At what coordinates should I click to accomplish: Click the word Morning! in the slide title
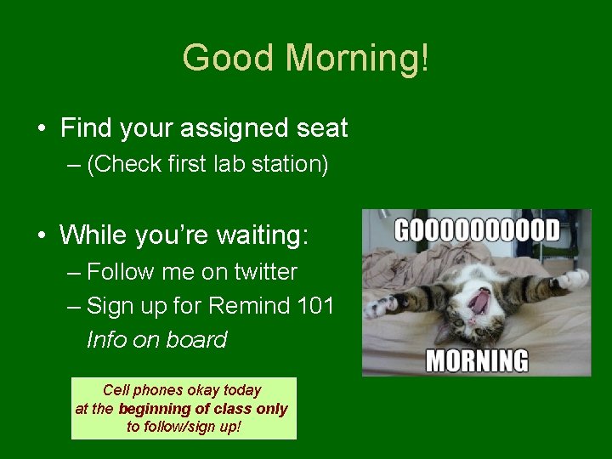click(357, 59)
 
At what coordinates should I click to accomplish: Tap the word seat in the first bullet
click(321, 128)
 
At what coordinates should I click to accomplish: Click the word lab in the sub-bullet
click(224, 164)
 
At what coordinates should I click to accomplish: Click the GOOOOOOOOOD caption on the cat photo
click(477, 230)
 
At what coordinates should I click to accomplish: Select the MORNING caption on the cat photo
click(477, 360)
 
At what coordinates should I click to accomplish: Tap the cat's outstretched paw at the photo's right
click(573, 278)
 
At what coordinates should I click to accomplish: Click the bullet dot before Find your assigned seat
click(41, 129)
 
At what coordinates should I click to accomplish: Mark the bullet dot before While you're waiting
click(41, 235)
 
